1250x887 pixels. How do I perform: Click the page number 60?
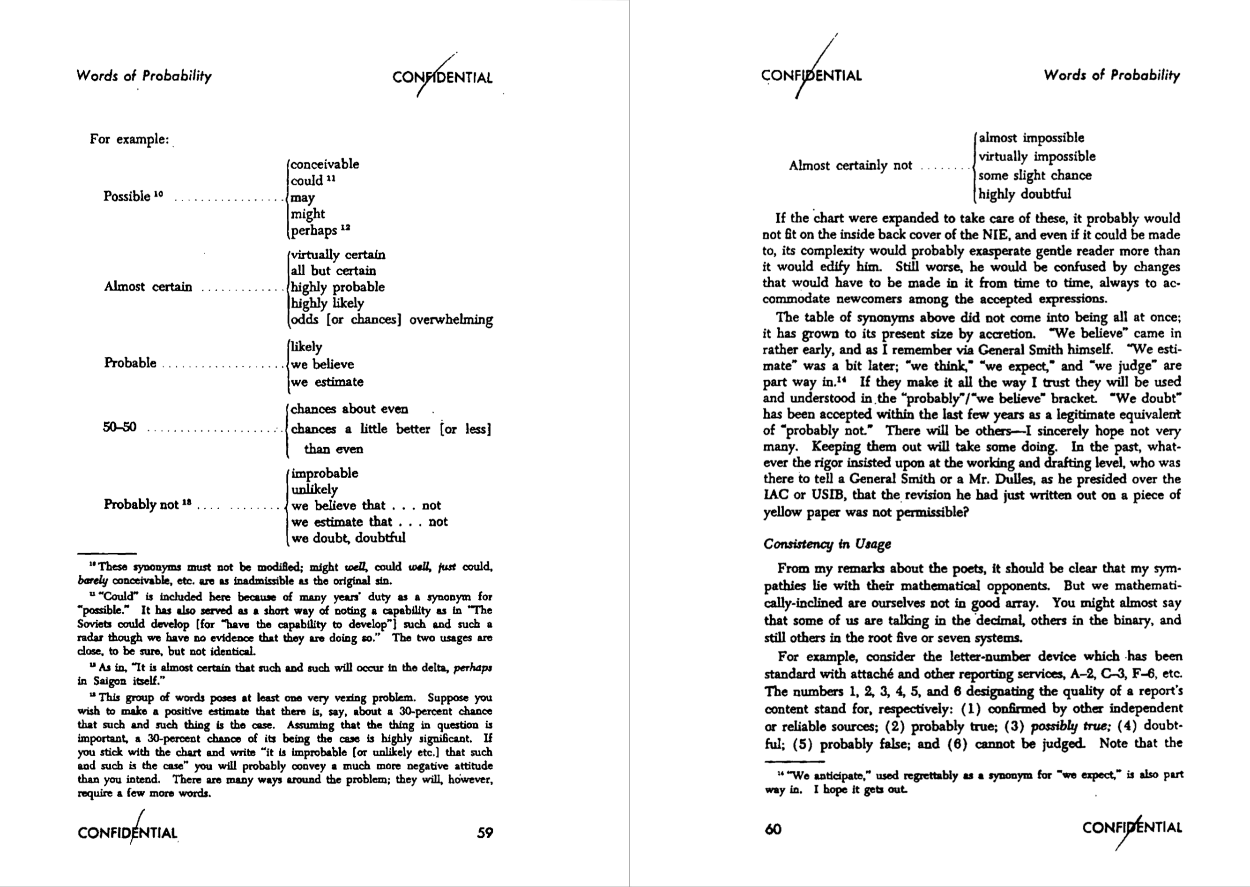pyautogui.click(x=773, y=829)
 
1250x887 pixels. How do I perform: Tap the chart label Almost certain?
pyautogui.click(x=148, y=287)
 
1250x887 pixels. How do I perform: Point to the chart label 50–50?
pyautogui.click(x=119, y=427)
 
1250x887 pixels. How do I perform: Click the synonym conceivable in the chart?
pyautogui.click(x=325, y=165)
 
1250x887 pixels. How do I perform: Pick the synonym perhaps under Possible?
pyautogui.click(x=314, y=231)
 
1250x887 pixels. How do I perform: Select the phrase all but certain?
pyautogui.click(x=333, y=271)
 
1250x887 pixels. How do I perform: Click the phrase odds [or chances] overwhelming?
pyautogui.click(x=391, y=320)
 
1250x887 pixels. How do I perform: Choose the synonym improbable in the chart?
pyautogui.click(x=325, y=473)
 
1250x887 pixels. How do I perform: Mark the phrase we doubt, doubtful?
pyautogui.click(x=348, y=538)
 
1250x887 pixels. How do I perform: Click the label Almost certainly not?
pyautogui.click(x=850, y=165)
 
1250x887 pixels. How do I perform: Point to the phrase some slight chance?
pyautogui.click(x=1034, y=175)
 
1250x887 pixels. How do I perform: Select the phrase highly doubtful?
pyautogui.click(x=1024, y=194)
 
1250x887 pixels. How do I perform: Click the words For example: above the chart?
pyautogui.click(x=129, y=139)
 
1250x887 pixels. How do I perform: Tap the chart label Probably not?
pyautogui.click(x=141, y=504)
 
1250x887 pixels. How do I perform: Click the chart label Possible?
pyautogui.click(x=127, y=196)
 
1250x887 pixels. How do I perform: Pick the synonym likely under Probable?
pyautogui.click(x=306, y=347)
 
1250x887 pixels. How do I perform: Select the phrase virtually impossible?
pyautogui.click(x=1036, y=157)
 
